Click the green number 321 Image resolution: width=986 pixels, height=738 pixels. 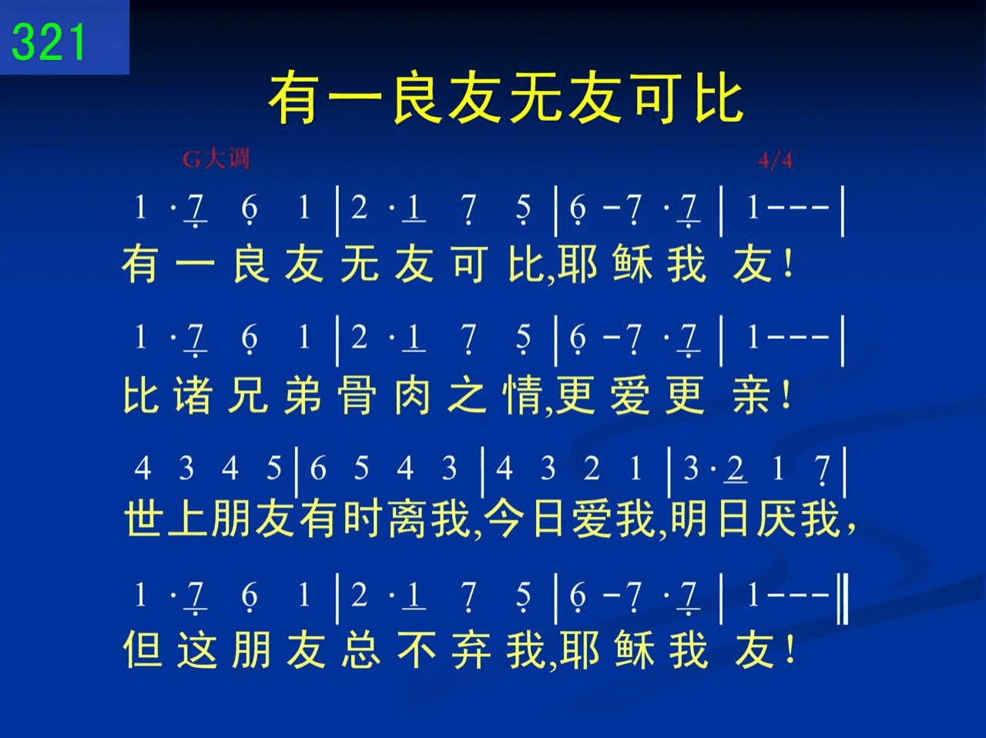pos(48,42)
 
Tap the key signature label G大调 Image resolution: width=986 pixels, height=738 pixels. pos(216,159)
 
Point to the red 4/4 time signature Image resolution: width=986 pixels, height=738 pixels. pos(776,160)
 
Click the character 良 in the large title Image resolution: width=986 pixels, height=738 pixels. pos(418,99)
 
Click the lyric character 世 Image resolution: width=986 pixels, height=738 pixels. pos(143,518)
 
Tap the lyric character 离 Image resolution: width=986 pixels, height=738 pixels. pos(407,518)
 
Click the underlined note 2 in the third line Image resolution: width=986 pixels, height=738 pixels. pos(735,468)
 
